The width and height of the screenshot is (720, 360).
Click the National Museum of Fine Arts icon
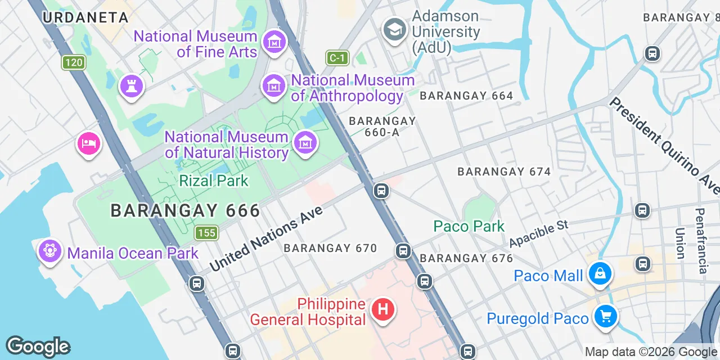[274, 42]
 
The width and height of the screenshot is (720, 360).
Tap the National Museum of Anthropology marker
[274, 85]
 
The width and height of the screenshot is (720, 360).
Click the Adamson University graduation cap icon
[394, 29]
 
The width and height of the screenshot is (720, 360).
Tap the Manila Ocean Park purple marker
[49, 250]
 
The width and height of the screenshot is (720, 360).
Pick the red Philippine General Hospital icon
[382, 309]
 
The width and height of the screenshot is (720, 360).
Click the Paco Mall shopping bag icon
[600, 274]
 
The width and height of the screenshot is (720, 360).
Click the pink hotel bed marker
[89, 143]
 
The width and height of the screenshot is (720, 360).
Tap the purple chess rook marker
[132, 86]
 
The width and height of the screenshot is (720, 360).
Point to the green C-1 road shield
[337, 57]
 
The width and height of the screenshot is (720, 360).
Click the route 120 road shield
[73, 62]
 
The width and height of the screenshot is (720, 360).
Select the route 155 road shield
[207, 232]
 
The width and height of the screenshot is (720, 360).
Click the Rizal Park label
[214, 181]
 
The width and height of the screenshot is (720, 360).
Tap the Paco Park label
[469, 226]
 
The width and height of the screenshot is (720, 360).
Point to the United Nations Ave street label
[267, 238]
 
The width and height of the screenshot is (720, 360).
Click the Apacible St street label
[539, 233]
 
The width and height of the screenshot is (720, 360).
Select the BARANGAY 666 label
[185, 210]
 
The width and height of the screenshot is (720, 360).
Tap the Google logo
[38, 346]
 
